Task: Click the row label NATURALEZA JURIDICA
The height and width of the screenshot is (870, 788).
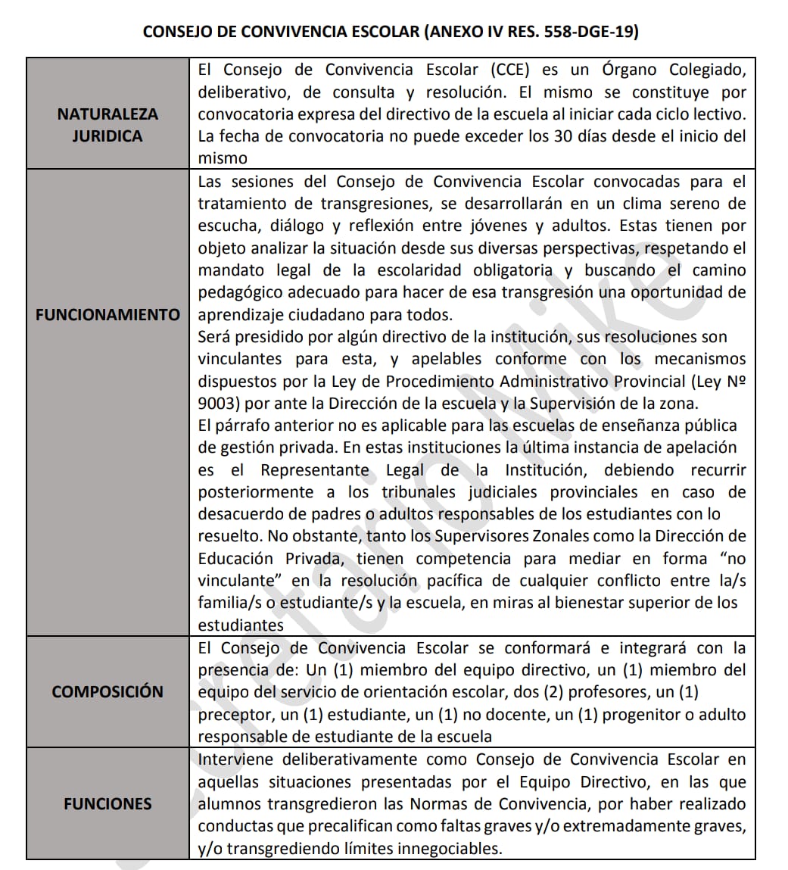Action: (x=107, y=125)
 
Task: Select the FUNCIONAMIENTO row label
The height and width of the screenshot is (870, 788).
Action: (x=107, y=314)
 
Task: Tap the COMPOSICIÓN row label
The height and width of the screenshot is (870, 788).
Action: (x=107, y=691)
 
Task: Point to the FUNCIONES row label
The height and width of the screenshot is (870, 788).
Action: (x=107, y=803)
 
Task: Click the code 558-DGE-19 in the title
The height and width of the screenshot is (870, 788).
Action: (x=584, y=32)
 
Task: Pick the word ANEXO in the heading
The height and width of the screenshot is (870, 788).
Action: (x=455, y=32)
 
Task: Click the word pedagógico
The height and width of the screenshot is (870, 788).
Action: (x=239, y=292)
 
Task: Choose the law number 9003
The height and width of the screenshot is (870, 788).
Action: (x=217, y=403)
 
